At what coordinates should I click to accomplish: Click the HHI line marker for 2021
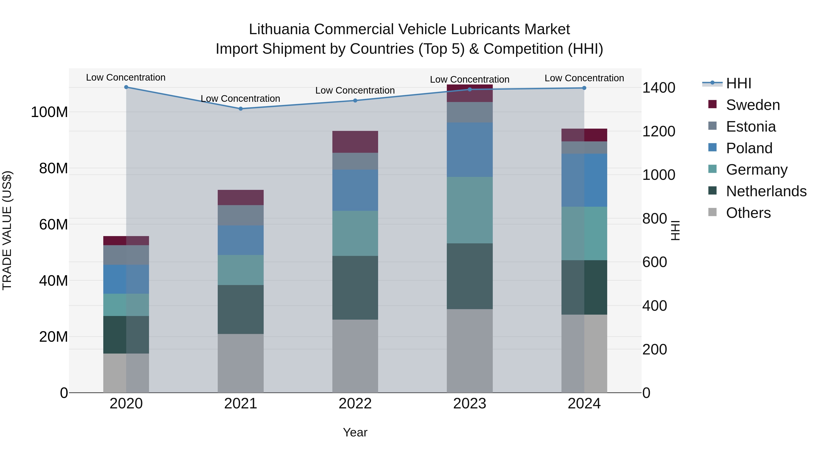[241, 109]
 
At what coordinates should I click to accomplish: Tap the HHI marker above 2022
[355, 101]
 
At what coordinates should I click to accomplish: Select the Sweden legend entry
[753, 105]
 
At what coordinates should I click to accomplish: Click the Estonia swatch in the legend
[713, 126]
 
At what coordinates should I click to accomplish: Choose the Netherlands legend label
[766, 191]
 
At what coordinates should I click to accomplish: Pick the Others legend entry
[748, 213]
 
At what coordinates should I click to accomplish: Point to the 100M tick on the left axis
[49, 112]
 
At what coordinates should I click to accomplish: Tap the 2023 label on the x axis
[470, 404]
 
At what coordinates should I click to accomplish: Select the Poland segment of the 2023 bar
[470, 150]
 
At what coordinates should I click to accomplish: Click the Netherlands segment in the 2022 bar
[355, 288]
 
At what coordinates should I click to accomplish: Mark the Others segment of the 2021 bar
[241, 363]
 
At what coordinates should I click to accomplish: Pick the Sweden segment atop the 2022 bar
[355, 142]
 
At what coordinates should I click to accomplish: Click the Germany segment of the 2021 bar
[241, 270]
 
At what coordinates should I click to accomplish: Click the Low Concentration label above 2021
[240, 99]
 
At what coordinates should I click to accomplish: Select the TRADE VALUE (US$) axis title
[7, 230]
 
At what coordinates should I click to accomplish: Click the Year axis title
[355, 432]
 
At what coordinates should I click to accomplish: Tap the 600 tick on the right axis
[655, 262]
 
